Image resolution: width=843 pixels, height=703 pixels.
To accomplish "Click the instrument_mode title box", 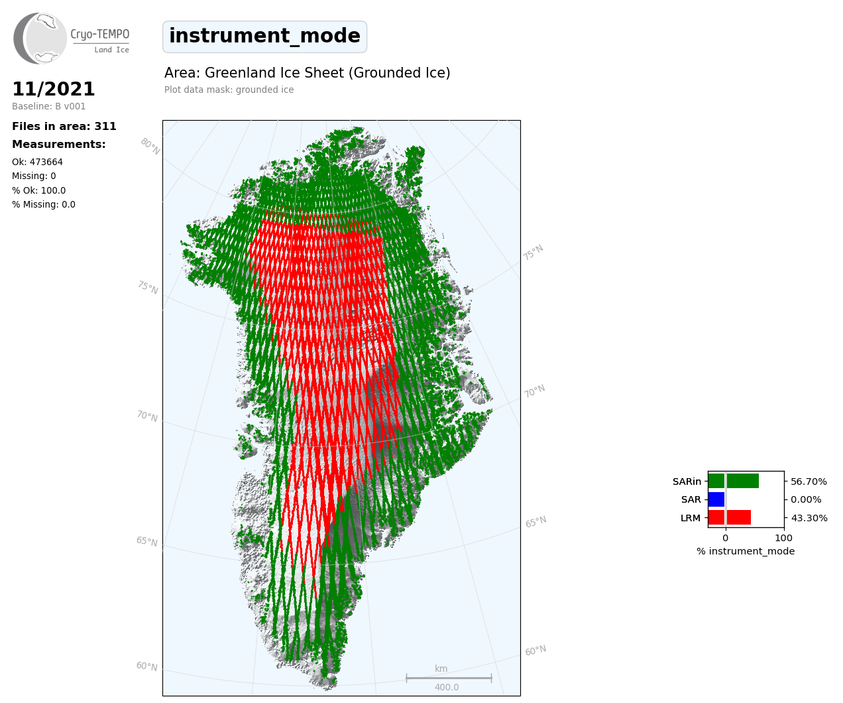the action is click(x=264, y=36).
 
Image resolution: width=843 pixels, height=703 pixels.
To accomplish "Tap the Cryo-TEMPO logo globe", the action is click(x=40, y=38).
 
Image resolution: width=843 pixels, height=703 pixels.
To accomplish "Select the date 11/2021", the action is click(x=53, y=89).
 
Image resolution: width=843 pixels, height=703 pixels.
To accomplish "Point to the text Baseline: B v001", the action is click(x=48, y=106).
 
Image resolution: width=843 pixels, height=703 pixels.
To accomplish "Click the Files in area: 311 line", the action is click(x=64, y=127).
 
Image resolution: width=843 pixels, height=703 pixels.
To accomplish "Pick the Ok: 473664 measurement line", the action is click(x=37, y=162).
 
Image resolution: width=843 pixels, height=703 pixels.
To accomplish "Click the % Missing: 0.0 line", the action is click(x=44, y=204).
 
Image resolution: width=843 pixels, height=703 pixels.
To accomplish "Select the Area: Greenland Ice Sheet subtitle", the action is click(x=307, y=73).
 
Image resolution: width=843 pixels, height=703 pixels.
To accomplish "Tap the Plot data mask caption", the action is click(x=229, y=90).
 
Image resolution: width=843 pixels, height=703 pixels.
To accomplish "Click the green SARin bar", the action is click(x=733, y=481).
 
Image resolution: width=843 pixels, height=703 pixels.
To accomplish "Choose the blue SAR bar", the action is click(x=716, y=499).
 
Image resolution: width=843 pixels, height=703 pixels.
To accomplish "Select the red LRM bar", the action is click(x=729, y=517).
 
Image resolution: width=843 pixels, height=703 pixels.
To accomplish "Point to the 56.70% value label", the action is click(x=809, y=481).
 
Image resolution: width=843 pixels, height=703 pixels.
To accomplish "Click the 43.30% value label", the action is click(x=809, y=518).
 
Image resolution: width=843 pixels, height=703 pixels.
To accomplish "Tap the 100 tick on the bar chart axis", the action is click(x=783, y=538).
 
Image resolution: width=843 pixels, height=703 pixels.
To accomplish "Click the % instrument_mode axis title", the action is click(x=746, y=552).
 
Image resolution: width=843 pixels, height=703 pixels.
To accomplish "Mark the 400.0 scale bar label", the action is click(x=447, y=687).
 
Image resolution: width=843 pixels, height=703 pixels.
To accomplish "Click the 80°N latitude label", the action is click(x=150, y=147).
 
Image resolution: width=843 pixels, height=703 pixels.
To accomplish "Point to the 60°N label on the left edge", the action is click(x=146, y=666).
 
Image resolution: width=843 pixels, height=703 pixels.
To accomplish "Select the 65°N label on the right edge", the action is click(x=535, y=522).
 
